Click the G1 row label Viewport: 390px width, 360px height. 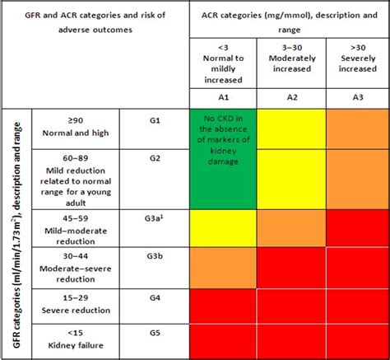pos(156,120)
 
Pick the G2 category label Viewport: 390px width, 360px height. pos(156,159)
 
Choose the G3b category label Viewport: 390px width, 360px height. pos(156,257)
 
